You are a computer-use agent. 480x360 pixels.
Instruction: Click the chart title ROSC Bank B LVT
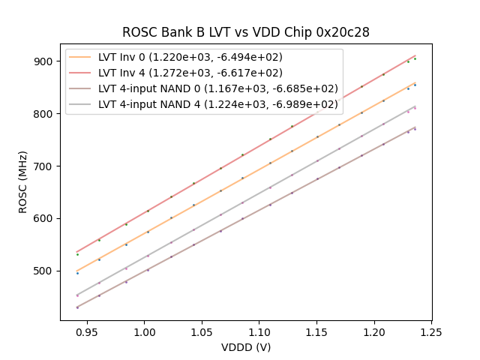click(246, 33)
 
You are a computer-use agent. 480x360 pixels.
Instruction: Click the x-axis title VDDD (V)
click(246, 347)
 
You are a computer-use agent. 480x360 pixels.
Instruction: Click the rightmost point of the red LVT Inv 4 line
click(415, 55)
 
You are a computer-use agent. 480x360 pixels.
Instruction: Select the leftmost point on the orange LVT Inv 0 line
click(77, 271)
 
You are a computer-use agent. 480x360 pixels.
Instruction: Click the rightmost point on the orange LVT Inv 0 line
click(415, 82)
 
